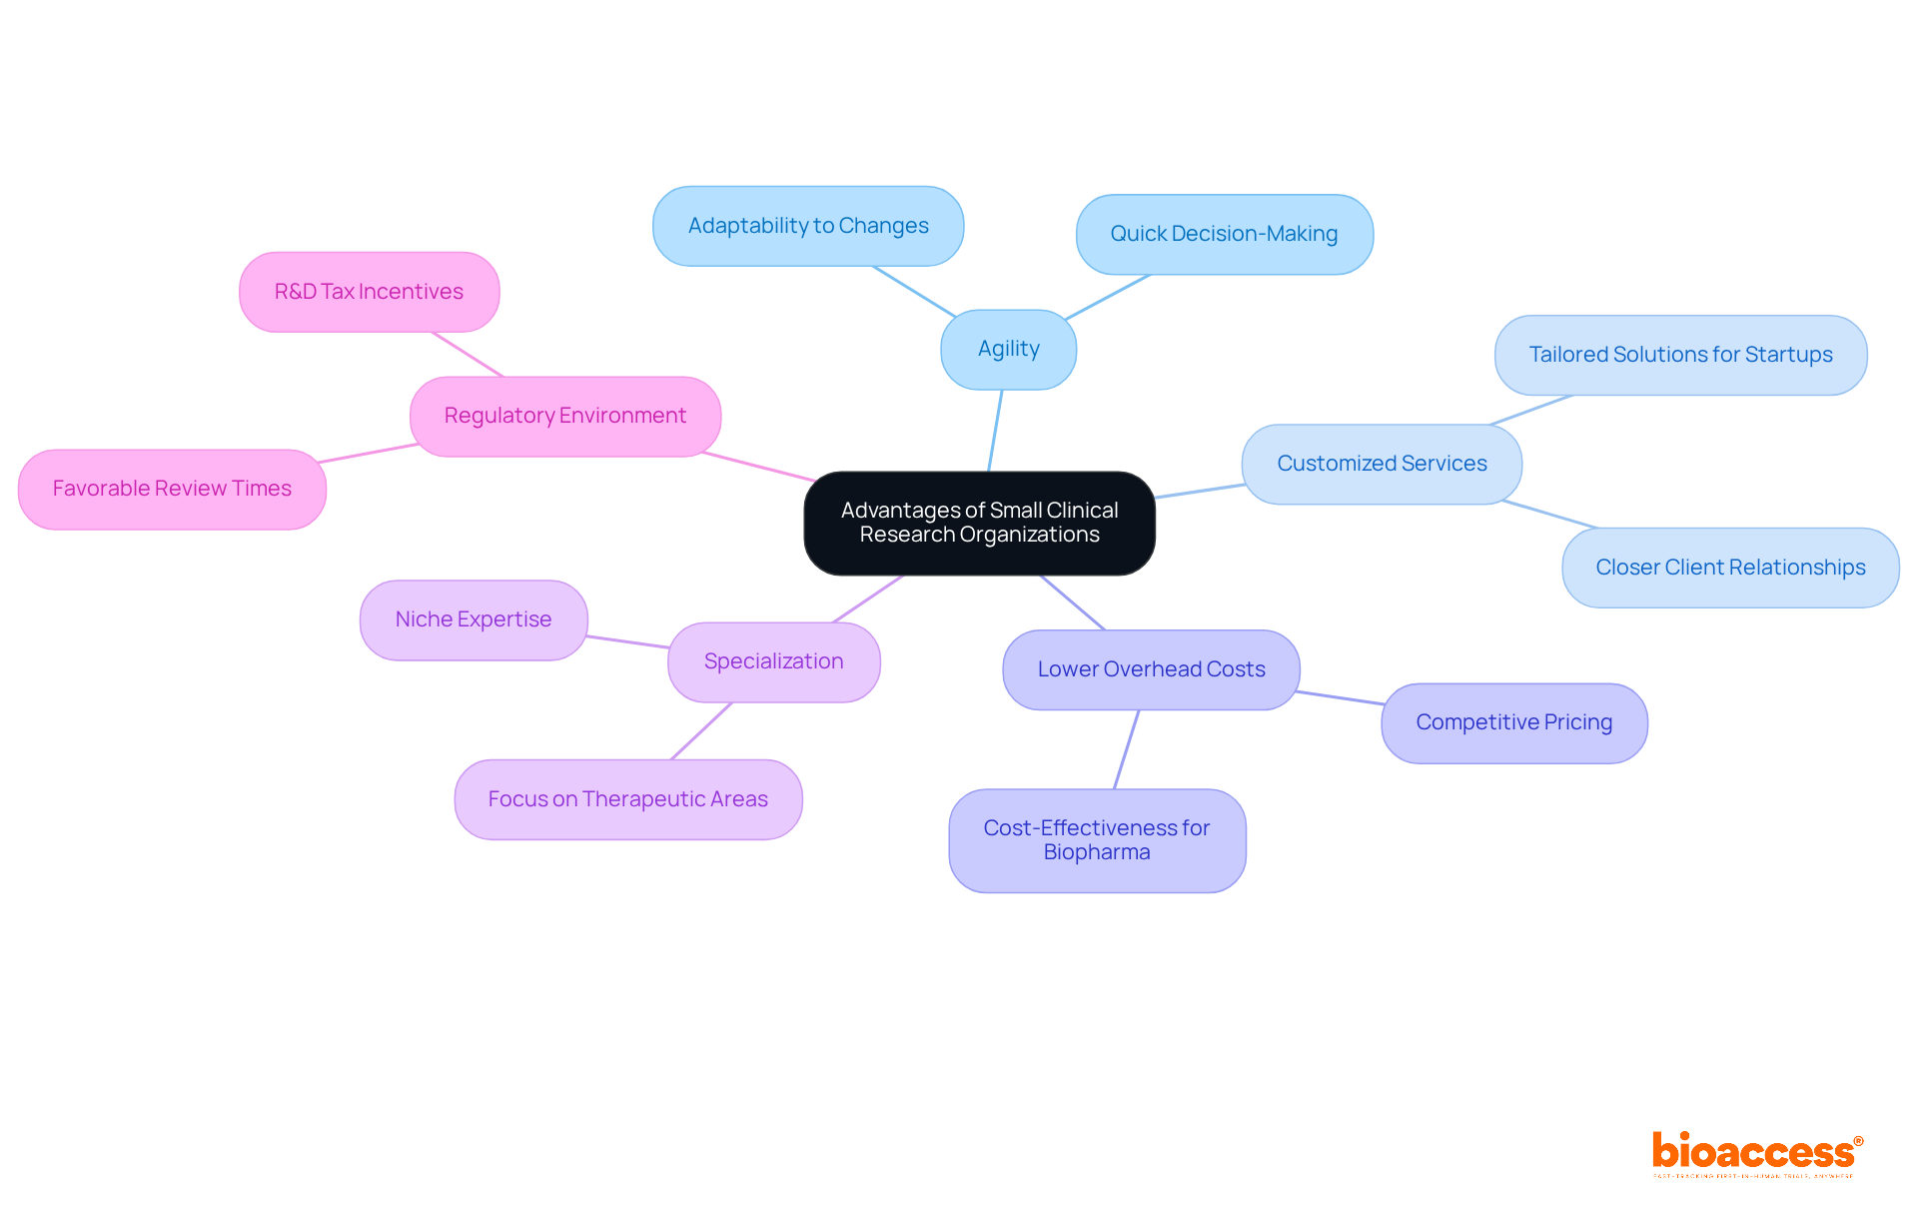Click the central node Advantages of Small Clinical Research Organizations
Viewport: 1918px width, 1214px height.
[x=979, y=523]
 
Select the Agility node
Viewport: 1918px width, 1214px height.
[x=1008, y=349]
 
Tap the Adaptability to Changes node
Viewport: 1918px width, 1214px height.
[x=808, y=226]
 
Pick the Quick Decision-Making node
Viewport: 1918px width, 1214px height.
[x=1224, y=234]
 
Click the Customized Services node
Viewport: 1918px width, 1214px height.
[x=1382, y=464]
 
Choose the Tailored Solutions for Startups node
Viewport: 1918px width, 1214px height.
[x=1680, y=355]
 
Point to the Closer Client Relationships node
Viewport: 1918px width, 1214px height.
[x=1730, y=568]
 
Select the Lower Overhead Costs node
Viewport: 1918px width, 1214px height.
[x=1151, y=669]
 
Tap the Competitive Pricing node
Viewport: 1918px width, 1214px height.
[x=1513, y=722]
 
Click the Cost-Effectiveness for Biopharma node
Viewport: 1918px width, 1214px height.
[x=1097, y=840]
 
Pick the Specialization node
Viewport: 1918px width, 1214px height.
[x=773, y=661]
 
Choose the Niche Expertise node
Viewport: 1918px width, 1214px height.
[x=474, y=619]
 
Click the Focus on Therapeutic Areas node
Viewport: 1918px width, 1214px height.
[x=627, y=799]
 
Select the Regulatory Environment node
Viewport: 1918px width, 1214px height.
[x=564, y=416]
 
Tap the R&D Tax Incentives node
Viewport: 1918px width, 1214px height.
[x=369, y=292]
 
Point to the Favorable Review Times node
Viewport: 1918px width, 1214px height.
[x=172, y=489]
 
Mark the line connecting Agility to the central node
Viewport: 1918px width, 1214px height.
[x=995, y=431]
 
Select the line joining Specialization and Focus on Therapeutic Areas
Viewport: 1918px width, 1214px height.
[x=701, y=731]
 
